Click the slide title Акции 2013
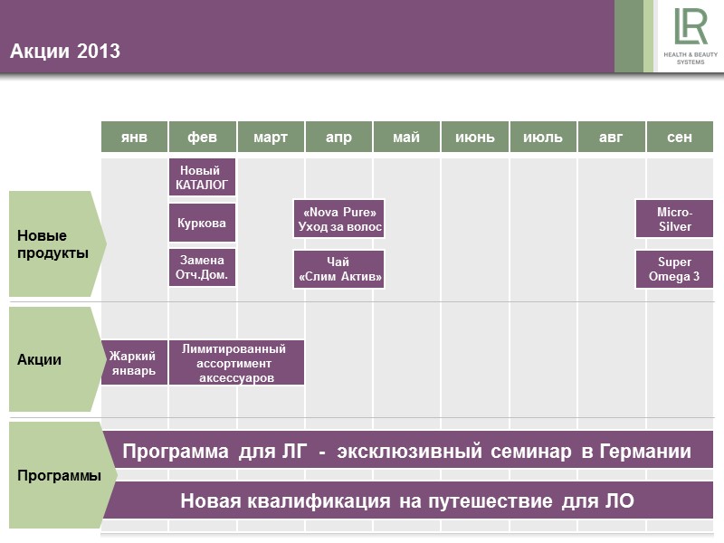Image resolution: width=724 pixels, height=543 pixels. point(65,52)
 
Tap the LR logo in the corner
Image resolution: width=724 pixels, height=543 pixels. point(691,37)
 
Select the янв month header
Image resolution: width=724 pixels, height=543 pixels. point(134,137)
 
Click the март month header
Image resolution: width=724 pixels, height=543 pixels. point(271,137)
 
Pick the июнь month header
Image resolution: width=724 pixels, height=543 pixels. point(475,137)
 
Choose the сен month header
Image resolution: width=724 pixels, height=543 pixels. point(680,137)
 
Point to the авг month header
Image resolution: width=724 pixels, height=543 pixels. point(611,137)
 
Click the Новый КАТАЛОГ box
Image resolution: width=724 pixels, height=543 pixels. point(203,177)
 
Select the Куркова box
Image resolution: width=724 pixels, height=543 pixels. point(203,222)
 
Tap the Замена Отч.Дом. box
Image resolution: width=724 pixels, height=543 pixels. point(203,267)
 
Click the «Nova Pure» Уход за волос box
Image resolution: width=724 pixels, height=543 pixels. point(339,219)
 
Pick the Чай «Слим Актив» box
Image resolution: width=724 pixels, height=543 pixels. point(339,269)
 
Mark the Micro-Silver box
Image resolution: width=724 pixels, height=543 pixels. point(674,219)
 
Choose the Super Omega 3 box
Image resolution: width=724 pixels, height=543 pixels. point(674,269)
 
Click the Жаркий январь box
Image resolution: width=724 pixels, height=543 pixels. point(134,362)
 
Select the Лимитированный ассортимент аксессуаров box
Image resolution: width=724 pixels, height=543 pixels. point(236,362)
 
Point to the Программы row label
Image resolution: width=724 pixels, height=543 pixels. point(59,475)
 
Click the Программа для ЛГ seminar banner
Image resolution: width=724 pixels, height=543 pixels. point(407,451)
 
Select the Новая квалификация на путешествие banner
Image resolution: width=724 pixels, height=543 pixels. point(407,500)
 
